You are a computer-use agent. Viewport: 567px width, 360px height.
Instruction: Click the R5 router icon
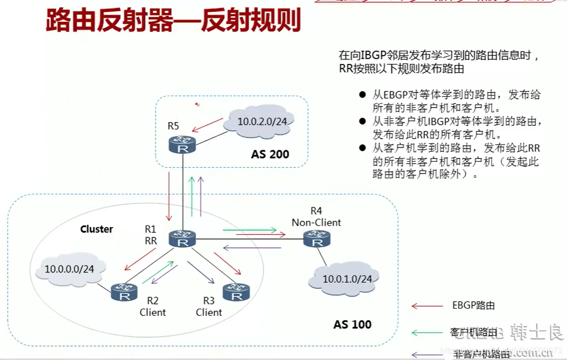182,144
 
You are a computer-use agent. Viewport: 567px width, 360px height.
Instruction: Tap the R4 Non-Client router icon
317,239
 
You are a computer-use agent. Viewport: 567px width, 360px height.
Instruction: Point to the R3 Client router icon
236,292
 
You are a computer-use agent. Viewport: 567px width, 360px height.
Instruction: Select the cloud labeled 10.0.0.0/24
70,270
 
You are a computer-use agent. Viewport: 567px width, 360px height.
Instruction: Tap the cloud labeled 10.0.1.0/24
347,279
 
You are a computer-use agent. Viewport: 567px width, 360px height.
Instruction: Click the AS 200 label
270,154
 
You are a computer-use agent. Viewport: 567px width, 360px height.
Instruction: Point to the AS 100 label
352,325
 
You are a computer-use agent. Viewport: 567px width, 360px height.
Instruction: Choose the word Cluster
97,229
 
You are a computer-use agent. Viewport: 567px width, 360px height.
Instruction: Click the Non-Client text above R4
316,223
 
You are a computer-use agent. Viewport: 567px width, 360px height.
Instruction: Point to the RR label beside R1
151,240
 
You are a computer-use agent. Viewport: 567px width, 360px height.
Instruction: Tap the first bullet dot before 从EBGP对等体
362,96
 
